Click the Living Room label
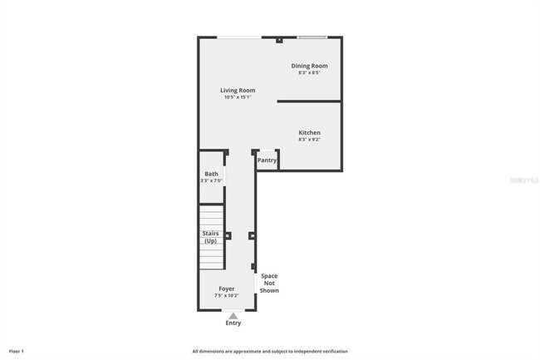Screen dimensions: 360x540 click(237, 90)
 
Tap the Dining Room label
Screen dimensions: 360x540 click(309, 66)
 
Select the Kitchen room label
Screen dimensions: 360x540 click(310, 132)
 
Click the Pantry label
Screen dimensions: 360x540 click(267, 160)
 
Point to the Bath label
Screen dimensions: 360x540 click(212, 174)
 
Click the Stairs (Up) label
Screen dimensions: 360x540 click(211, 237)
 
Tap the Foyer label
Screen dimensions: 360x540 click(227, 288)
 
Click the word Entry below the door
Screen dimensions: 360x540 click(233, 323)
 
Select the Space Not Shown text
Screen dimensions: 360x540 click(269, 284)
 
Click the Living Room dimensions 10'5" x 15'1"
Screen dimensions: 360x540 click(237, 97)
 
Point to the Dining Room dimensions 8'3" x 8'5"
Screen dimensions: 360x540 click(309, 73)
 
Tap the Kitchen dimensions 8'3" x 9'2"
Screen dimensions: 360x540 click(310, 140)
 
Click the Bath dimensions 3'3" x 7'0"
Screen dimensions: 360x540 click(212, 181)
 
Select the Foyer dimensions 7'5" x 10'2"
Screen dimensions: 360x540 click(227, 295)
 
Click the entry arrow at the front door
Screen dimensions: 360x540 click(233, 315)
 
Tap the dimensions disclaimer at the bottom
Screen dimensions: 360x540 click(270, 351)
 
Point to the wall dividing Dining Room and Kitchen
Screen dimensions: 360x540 click(308, 101)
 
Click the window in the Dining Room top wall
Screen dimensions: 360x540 click(312, 37)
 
